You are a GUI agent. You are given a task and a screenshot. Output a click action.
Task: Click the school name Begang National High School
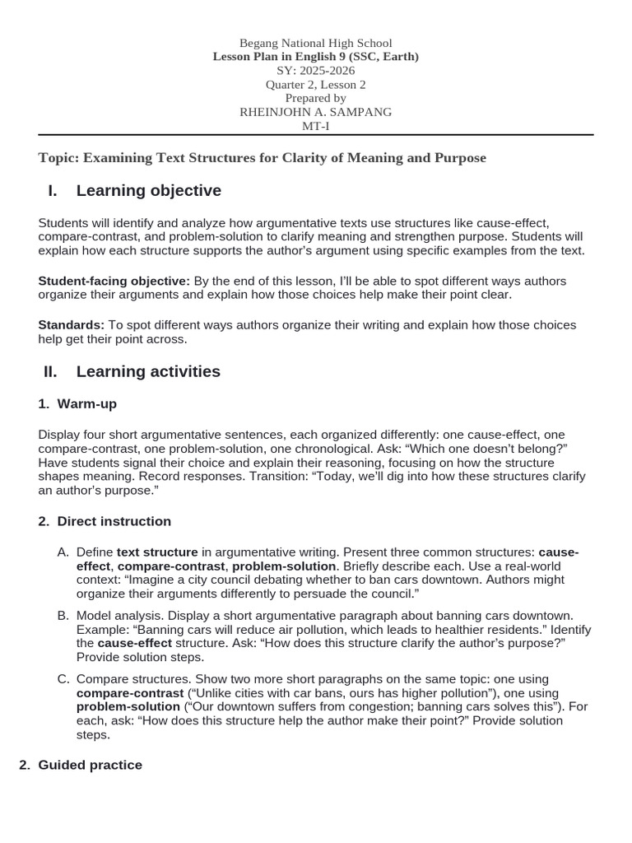pos(315,43)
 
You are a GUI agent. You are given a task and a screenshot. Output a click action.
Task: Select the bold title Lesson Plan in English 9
pos(315,57)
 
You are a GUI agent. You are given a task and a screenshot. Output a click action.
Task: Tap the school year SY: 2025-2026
pos(315,71)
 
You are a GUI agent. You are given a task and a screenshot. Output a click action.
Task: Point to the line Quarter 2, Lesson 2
pos(315,85)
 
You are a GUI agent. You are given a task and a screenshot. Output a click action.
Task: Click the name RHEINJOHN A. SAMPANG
pos(315,112)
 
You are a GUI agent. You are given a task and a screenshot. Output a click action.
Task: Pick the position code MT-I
pos(315,126)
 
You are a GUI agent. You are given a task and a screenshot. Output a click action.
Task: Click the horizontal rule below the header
pos(315,135)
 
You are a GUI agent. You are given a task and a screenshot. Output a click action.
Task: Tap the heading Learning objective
pos(148,191)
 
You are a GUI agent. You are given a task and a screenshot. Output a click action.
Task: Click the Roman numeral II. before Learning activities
pos(50,372)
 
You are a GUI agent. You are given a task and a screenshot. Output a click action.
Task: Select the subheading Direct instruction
pos(114,521)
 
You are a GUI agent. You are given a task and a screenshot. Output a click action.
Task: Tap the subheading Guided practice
pos(91,765)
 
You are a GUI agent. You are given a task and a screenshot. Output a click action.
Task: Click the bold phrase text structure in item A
pos(157,552)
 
